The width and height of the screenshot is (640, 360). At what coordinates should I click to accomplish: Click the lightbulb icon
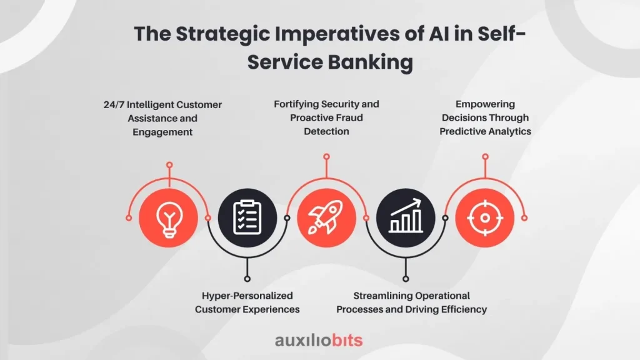169,219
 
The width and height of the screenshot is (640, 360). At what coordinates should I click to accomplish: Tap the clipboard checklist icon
247,217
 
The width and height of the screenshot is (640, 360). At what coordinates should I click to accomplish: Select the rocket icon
326,217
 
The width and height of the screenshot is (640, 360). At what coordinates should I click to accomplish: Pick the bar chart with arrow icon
405,216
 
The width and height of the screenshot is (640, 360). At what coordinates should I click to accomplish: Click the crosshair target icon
485,218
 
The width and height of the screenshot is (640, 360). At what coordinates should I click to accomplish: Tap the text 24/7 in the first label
114,105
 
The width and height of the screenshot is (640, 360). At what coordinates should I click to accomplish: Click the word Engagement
162,132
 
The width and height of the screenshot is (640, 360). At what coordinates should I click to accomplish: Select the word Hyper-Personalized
247,296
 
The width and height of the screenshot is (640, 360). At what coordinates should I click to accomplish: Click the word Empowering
485,104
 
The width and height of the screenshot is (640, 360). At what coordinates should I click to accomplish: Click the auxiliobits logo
319,341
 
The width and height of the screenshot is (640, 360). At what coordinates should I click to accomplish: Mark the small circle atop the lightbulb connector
169,165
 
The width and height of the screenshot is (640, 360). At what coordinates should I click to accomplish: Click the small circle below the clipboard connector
247,279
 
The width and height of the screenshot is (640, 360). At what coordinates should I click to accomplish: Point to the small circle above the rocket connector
326,157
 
